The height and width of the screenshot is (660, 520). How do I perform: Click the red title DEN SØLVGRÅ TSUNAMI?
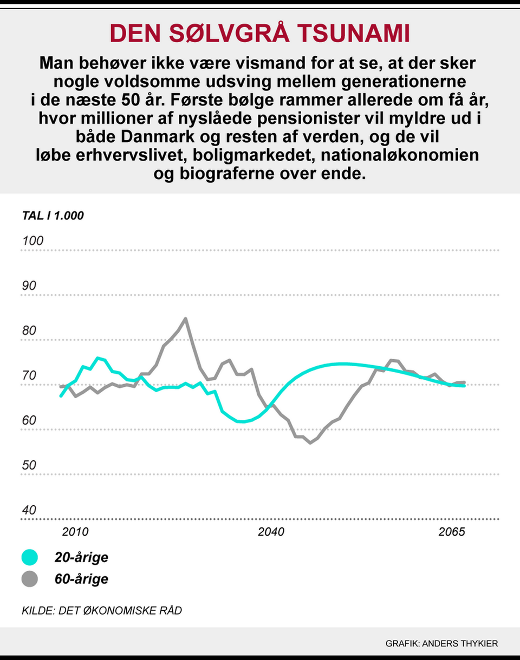point(260,34)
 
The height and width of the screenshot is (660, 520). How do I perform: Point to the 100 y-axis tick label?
point(32,241)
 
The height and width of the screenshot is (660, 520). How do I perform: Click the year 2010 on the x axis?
point(75,532)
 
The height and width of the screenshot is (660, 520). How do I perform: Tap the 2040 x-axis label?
point(271,532)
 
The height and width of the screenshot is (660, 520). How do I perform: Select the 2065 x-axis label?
point(452,532)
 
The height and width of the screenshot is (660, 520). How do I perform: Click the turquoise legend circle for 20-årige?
point(30,558)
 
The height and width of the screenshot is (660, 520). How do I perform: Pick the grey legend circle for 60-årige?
point(30,579)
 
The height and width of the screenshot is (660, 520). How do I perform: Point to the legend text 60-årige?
point(81,579)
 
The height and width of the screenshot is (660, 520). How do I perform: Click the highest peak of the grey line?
point(186,319)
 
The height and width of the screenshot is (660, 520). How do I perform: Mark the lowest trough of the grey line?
point(310,443)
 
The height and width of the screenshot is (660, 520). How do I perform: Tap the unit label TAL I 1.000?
point(53,216)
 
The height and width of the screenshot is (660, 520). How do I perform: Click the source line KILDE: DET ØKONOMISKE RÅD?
point(102,611)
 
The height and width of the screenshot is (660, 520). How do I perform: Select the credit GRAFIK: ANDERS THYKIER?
point(441,644)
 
